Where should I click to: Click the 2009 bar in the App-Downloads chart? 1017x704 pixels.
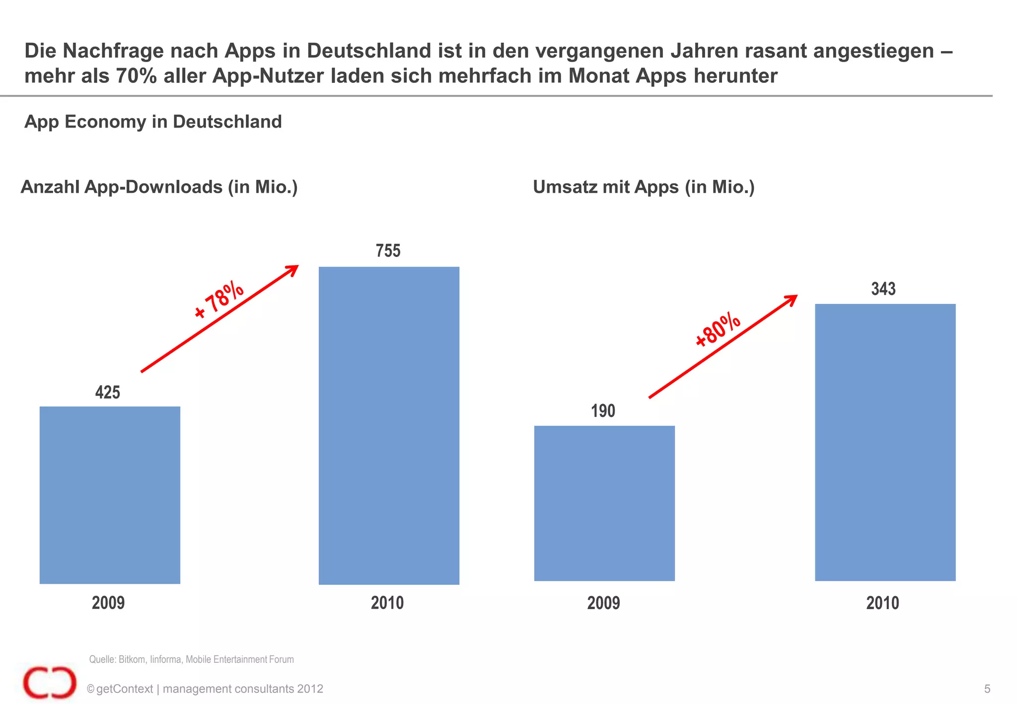[x=110, y=494]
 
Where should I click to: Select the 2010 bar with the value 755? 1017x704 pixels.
[x=389, y=425]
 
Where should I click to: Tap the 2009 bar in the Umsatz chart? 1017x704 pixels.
[x=604, y=503]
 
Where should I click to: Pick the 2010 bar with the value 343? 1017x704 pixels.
[x=885, y=442]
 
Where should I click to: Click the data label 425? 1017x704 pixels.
[x=108, y=393]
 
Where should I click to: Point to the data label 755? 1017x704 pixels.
[x=388, y=251]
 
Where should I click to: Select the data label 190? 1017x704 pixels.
[x=603, y=411]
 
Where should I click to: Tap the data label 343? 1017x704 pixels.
[x=883, y=289]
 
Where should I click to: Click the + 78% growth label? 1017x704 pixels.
[x=219, y=300]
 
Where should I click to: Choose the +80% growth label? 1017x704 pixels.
[x=718, y=329]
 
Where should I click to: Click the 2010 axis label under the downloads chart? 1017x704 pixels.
[x=387, y=603]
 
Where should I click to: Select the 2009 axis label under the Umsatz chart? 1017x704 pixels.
[x=603, y=603]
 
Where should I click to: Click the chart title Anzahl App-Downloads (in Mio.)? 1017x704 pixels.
[x=159, y=187]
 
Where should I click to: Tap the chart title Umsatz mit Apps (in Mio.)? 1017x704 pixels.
[x=644, y=187]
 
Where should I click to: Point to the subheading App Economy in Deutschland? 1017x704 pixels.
[x=153, y=122]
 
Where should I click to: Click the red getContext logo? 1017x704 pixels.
[x=50, y=683]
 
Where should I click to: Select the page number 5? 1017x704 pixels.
[x=987, y=689]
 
